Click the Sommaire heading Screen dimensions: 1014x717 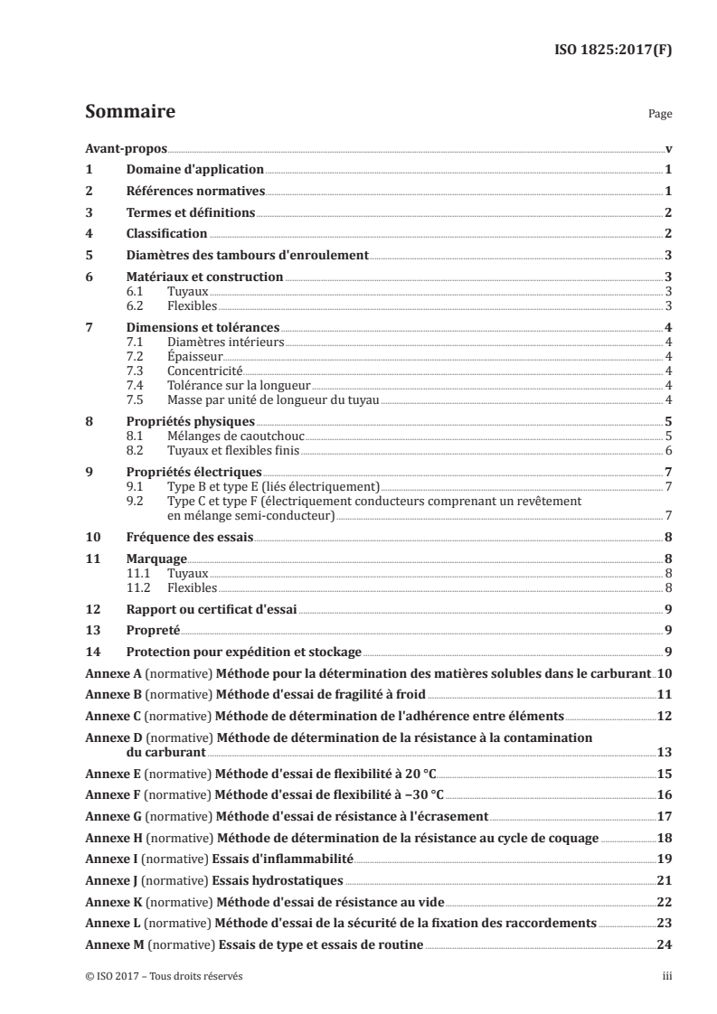(x=129, y=113)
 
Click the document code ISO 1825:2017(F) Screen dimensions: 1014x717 (x=611, y=50)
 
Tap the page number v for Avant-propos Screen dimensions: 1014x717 (x=667, y=149)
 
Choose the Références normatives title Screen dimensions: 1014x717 (x=195, y=192)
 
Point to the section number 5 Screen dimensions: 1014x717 (x=89, y=256)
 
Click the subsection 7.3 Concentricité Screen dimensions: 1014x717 (x=206, y=371)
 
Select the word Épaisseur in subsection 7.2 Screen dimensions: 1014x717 (x=194, y=357)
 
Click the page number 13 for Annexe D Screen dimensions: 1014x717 (x=664, y=752)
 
